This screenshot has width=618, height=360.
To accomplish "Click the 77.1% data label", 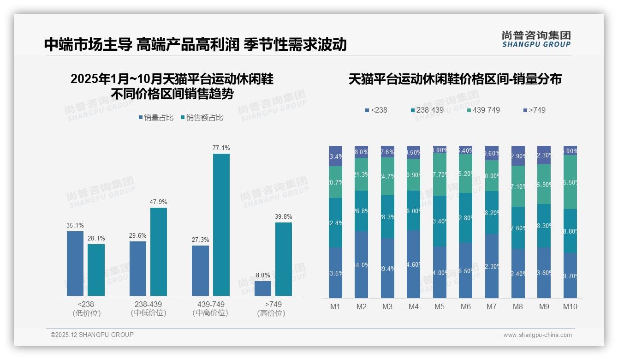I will pos(221,148).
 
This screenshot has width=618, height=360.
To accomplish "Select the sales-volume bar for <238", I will pos(75,263).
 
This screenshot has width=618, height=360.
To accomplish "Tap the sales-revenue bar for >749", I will pos(284,259).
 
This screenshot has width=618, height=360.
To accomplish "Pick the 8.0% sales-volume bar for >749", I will pos(263,288).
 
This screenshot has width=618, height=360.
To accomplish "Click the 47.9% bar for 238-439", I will pos(159,252).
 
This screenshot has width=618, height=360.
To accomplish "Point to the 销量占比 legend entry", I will pos(156,118).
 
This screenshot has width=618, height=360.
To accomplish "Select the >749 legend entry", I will pos(535,110).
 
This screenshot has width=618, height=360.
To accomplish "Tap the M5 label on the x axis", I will pos(440,306).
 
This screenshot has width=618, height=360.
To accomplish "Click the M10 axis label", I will pos(570,306).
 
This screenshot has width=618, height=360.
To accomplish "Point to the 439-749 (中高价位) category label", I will pos(210,309).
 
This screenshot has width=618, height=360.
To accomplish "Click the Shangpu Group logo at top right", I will pos(536,39).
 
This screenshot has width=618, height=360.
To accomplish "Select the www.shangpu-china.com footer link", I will pos(537,335).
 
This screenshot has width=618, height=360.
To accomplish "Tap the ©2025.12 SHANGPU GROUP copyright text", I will pos(92,335).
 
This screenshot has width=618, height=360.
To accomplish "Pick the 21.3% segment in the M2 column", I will pos(361,174).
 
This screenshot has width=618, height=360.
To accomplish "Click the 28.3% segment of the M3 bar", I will pos(387,216).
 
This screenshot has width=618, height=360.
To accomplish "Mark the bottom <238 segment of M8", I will pos(518,273).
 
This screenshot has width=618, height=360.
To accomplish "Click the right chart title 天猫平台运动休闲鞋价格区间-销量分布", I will pos(455,79).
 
